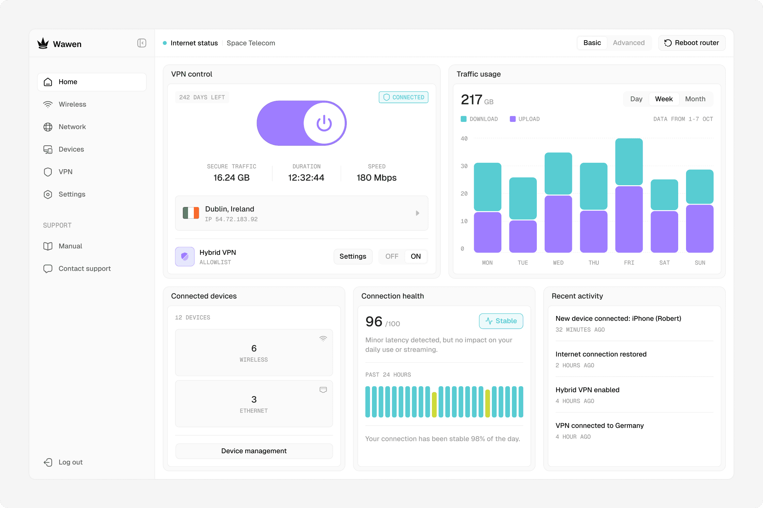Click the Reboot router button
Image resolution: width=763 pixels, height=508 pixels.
[691, 43]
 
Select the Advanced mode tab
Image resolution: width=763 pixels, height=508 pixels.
[628, 43]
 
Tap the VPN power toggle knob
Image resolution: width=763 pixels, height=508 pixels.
[324, 123]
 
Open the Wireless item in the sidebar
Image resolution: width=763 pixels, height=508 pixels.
[72, 104]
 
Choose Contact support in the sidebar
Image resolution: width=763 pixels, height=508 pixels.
[84, 269]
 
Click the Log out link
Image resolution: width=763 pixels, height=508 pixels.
[70, 462]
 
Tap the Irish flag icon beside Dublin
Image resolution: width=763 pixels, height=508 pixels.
[191, 213]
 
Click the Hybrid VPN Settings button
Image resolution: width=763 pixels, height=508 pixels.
[353, 256]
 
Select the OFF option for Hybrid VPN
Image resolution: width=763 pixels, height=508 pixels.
[392, 256]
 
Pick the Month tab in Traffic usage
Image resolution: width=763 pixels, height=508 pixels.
[695, 99]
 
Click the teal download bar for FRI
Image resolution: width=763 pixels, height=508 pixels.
[629, 162]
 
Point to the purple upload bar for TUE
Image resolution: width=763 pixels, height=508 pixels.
[523, 236]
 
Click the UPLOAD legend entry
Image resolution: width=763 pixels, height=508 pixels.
[525, 119]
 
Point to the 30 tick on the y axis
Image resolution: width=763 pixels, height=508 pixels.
[464, 166]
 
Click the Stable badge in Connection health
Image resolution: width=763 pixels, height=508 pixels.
[501, 321]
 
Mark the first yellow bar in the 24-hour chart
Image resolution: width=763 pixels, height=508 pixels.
[434, 404]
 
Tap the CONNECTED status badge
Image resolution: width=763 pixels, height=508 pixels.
[403, 97]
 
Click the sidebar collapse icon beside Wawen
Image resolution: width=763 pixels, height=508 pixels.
[142, 43]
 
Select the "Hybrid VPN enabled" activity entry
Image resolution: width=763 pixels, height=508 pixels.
[587, 390]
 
